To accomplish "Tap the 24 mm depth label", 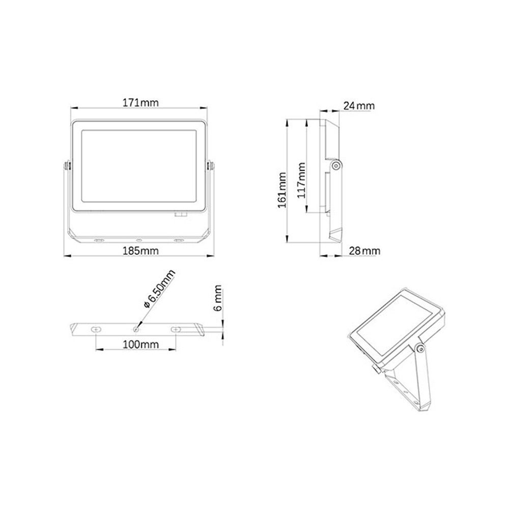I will point(359,106).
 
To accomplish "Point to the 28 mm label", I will point(365,251).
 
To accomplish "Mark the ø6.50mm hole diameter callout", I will point(159,289).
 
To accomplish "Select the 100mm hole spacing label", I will point(139,345).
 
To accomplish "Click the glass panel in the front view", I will point(139,166).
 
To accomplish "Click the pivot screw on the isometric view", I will point(419,348).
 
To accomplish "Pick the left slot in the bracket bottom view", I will point(96,330).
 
